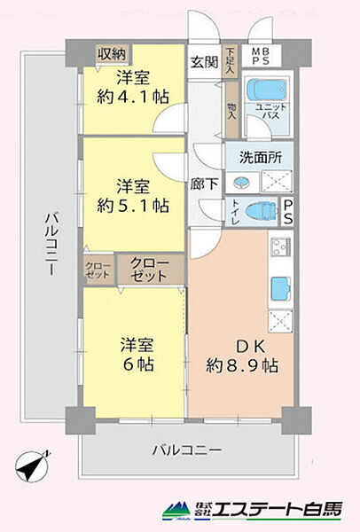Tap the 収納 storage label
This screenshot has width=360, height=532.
tap(112, 54)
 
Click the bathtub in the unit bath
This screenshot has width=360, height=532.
tap(262, 92)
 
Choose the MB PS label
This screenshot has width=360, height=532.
tap(262, 55)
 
